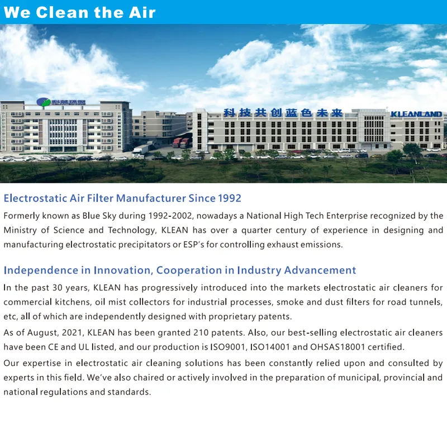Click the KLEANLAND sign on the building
click(416, 114)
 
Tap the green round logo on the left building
click(43, 102)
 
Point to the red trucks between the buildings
click(180, 142)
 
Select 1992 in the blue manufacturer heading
click(229, 198)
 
